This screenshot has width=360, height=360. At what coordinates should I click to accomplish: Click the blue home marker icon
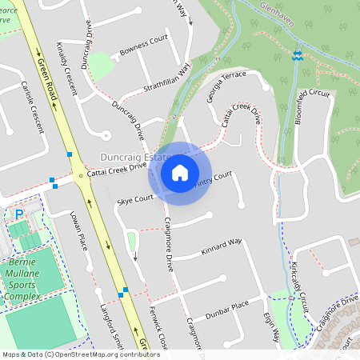click(180, 172)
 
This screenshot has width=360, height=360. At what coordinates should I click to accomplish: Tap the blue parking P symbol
click(19, 214)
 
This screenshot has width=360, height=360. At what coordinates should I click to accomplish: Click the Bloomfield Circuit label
click(311, 104)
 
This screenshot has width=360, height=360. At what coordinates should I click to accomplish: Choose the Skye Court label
click(134, 198)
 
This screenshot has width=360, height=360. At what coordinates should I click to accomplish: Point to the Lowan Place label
click(82, 226)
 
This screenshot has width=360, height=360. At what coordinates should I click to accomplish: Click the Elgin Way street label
click(270, 330)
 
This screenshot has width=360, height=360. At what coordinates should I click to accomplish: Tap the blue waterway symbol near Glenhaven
click(298, 55)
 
